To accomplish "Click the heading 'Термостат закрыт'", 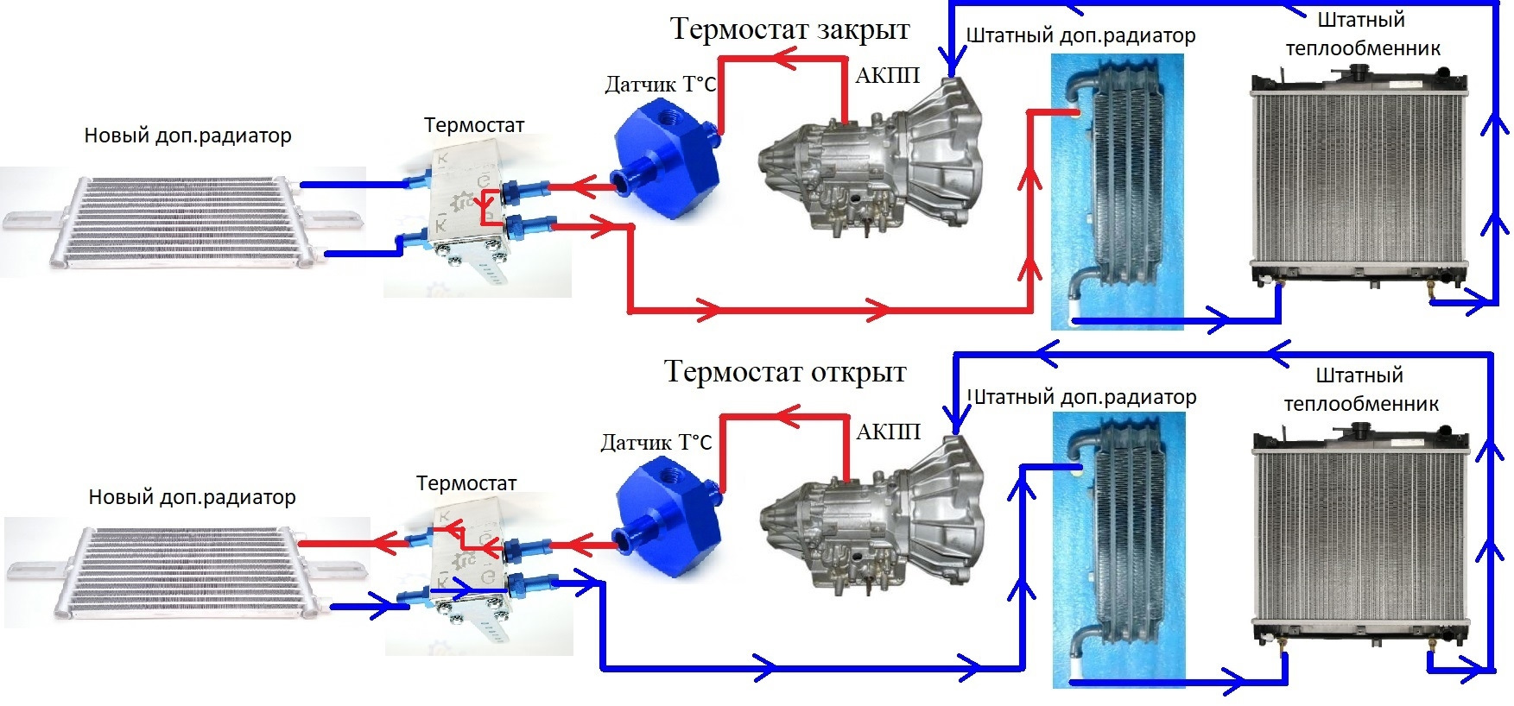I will click(789, 28).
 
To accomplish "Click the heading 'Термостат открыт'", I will click(784, 371).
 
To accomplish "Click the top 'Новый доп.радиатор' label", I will click(187, 136).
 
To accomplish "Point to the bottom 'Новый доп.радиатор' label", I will click(192, 497).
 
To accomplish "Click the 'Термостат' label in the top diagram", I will click(473, 125).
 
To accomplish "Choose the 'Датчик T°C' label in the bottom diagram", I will click(656, 443).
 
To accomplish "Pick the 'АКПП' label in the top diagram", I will click(887, 76).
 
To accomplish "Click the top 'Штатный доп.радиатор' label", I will click(1080, 36).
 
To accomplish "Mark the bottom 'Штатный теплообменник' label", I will click(1360, 389).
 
